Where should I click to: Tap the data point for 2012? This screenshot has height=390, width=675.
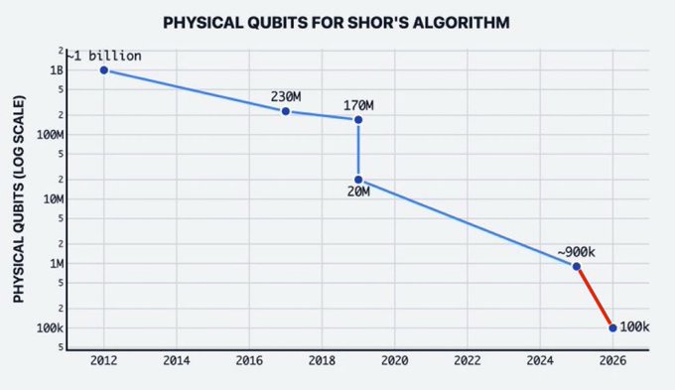(103, 70)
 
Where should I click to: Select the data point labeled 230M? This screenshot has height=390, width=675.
(286, 111)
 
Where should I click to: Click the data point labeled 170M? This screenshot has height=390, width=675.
(358, 120)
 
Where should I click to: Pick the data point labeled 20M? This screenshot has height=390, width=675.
(358, 180)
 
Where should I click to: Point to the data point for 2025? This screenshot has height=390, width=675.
(577, 266)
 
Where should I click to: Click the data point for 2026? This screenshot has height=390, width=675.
(612, 327)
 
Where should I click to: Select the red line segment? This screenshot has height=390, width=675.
(595, 297)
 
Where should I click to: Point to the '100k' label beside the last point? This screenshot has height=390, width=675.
(635, 327)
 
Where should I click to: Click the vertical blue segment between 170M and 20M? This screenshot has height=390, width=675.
(358, 150)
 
